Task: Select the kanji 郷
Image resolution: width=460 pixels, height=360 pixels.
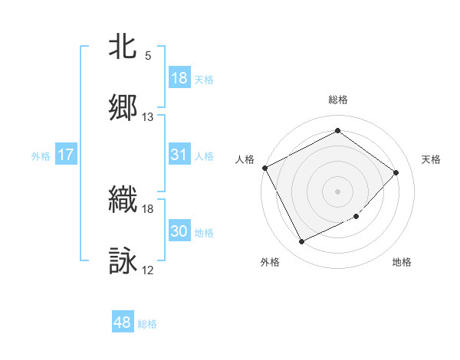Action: click(123, 107)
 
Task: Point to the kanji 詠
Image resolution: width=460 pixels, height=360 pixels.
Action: click(123, 260)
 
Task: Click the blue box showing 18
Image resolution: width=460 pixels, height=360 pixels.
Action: click(179, 78)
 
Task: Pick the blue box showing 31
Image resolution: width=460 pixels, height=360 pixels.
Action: click(179, 155)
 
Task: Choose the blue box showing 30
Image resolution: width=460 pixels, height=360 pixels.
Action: click(179, 232)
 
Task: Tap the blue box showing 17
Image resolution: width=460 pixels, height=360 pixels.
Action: click(66, 155)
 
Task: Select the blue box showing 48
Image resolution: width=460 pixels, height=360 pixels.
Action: click(123, 322)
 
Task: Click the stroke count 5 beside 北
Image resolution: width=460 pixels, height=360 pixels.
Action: click(148, 56)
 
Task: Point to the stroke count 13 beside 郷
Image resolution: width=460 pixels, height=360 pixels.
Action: click(148, 117)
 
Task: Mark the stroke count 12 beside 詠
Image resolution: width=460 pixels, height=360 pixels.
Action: click(148, 270)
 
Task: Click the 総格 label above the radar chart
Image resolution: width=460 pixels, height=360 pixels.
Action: click(338, 100)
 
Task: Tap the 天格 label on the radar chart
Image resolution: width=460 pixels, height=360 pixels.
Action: click(432, 159)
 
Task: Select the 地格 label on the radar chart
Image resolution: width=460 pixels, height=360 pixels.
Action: click(402, 262)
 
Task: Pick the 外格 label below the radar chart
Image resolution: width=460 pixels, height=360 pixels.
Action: click(270, 262)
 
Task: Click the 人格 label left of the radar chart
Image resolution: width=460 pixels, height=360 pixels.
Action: click(245, 159)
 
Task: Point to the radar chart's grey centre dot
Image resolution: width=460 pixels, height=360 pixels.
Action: click(337, 191)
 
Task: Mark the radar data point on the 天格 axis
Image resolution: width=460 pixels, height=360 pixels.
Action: click(396, 172)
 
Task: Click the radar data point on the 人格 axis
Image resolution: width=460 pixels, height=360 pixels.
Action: click(265, 168)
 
